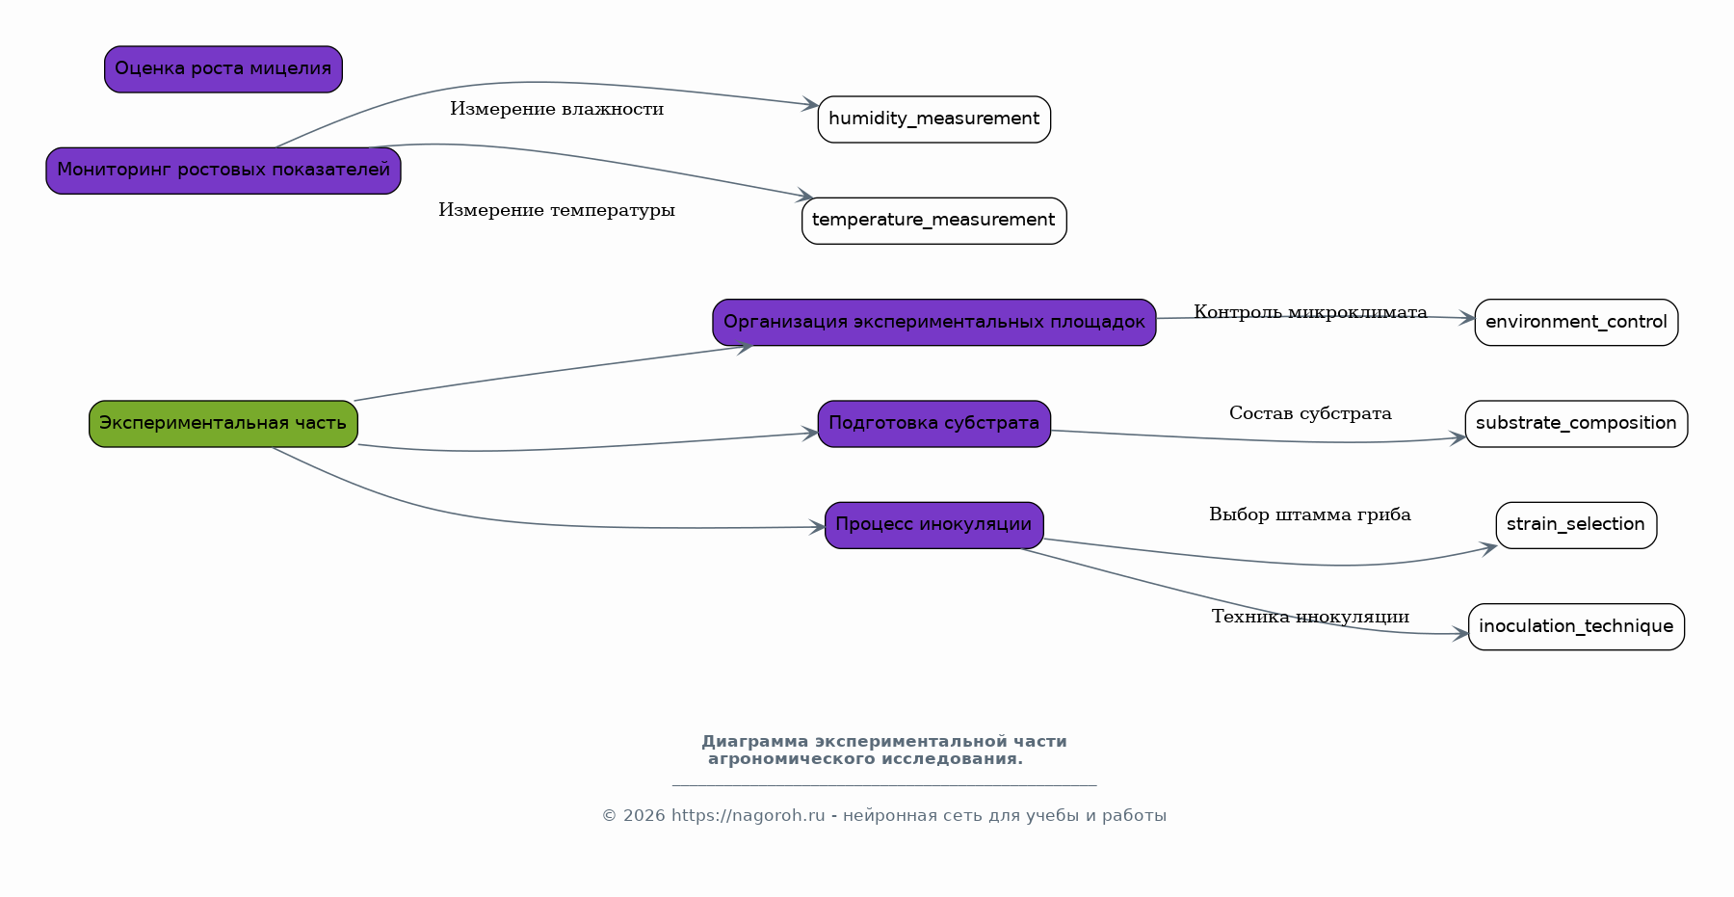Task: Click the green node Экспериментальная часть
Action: pyautogui.click(x=223, y=424)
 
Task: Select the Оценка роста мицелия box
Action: pyautogui.click(x=223, y=69)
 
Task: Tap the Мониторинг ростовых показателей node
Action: pyautogui.click(x=223, y=171)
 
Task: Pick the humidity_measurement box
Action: pyautogui.click(x=934, y=119)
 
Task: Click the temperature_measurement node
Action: pyautogui.click(x=934, y=221)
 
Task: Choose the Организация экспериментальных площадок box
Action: pyautogui.click(x=934, y=322)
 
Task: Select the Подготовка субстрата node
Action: pyautogui.click(x=934, y=424)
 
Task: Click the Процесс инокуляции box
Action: pyautogui.click(x=934, y=525)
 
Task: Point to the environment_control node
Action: pyautogui.click(x=1576, y=322)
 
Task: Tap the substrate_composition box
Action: pyautogui.click(x=1576, y=424)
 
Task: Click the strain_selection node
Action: pyautogui.click(x=1576, y=525)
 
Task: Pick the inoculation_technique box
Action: pyautogui.click(x=1576, y=627)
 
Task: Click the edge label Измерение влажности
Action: pyautogui.click(x=557, y=109)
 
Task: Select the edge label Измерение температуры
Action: pyautogui.click(x=557, y=210)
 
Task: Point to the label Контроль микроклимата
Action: pyautogui.click(x=1310, y=312)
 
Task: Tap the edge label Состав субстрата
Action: pyautogui.click(x=1310, y=413)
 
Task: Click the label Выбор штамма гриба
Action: pyautogui.click(x=1310, y=514)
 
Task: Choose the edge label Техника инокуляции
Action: pyautogui.click(x=1310, y=617)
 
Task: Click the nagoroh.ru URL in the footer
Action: pyautogui.click(x=749, y=816)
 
